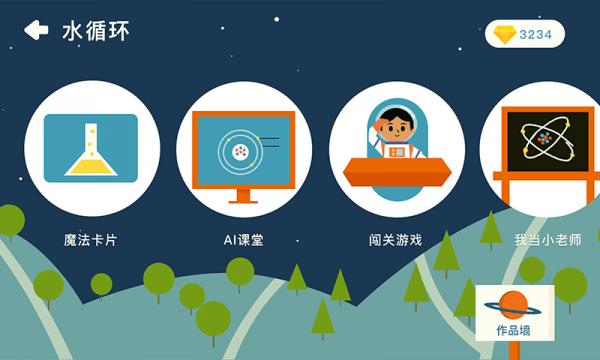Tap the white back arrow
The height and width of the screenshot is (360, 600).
point(36,31)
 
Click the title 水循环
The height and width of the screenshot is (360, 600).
point(96,31)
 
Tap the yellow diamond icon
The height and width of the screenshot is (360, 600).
point(505,34)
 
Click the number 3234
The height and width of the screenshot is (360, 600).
point(535,34)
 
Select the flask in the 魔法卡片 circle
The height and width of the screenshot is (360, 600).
point(90,155)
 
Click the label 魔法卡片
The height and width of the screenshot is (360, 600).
point(90,240)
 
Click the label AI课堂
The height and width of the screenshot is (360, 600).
point(243,240)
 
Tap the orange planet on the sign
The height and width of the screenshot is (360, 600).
point(514,304)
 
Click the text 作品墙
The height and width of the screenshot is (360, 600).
point(514,329)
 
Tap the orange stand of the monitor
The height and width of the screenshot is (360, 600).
point(243,195)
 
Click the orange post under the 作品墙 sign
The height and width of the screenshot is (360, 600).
point(514,350)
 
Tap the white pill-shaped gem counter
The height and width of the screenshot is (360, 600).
point(525,34)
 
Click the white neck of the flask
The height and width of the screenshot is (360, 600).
point(91,136)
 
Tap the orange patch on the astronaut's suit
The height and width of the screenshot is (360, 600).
point(397,151)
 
